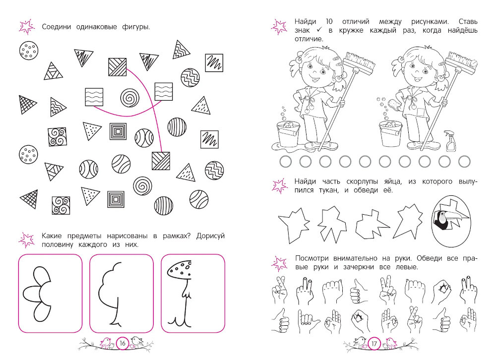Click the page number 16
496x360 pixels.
pyautogui.click(x=123, y=343)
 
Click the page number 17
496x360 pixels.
pyautogui.click(x=374, y=344)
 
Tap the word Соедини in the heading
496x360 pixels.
pyautogui.click(x=57, y=27)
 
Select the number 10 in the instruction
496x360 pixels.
pyautogui.click(x=329, y=21)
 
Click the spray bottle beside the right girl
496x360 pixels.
pyautogui.click(x=450, y=141)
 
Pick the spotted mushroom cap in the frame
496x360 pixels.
pyautogui.click(x=179, y=270)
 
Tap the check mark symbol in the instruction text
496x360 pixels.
pyautogui.click(x=319, y=30)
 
